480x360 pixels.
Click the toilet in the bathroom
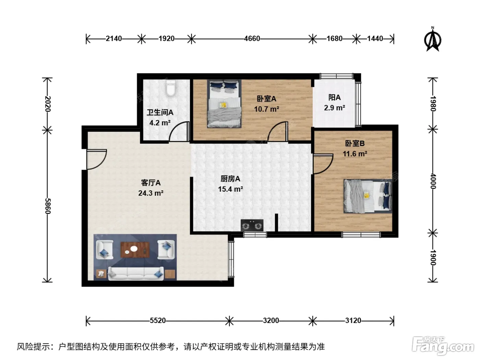[x=170, y=88]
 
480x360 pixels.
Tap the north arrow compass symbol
[x=432, y=39]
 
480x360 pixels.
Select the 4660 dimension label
[x=252, y=39]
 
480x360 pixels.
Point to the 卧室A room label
[x=266, y=99]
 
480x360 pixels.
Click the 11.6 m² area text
[x=355, y=154]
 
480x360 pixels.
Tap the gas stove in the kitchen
[x=252, y=225]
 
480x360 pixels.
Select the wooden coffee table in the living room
[x=135, y=250]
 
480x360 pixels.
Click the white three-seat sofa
[x=136, y=273]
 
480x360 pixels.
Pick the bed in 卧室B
[x=368, y=196]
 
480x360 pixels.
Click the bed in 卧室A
[x=224, y=104]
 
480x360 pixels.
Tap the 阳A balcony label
[x=334, y=97]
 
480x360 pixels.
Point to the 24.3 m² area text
[x=151, y=193]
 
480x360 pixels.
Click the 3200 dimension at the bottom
[x=271, y=321]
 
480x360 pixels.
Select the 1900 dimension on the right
[x=433, y=257]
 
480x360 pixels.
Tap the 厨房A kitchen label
[x=230, y=179]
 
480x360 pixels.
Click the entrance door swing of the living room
[x=97, y=159]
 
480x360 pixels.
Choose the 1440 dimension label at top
[x=375, y=39]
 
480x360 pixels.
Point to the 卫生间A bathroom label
[x=160, y=112]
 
